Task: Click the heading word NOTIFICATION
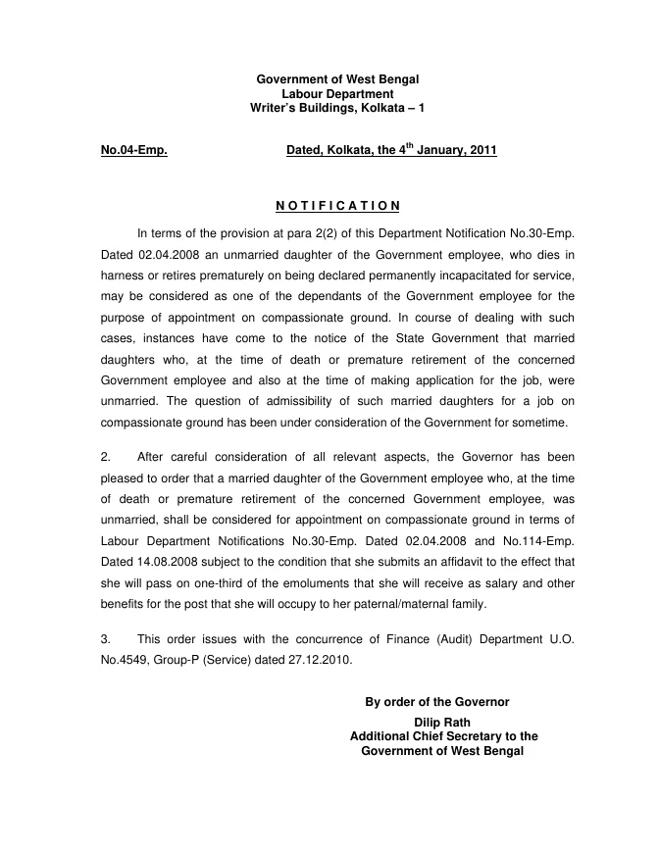(337, 205)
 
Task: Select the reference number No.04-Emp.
(133, 151)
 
